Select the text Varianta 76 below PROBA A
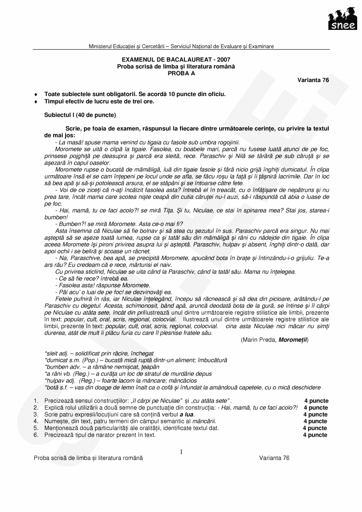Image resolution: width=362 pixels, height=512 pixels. [x=313, y=80]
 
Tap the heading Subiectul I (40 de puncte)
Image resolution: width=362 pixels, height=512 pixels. [x=80, y=115]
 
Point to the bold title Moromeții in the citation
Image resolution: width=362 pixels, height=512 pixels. [x=292, y=340]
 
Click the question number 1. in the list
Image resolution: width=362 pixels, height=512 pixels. [x=36, y=401]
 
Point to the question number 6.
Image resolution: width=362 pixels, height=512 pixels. [x=36, y=435]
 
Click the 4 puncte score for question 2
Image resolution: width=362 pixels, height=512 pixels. [x=316, y=408]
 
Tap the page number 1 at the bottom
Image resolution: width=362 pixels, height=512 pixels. [x=181, y=452]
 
